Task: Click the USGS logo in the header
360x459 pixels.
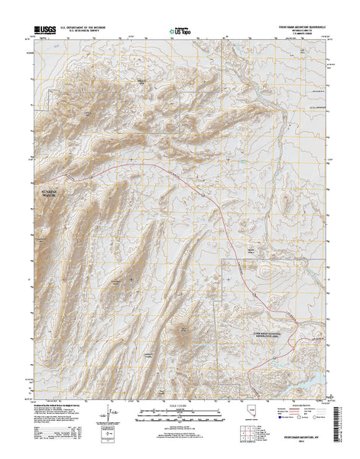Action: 44,31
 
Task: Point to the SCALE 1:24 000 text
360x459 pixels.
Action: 180,405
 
